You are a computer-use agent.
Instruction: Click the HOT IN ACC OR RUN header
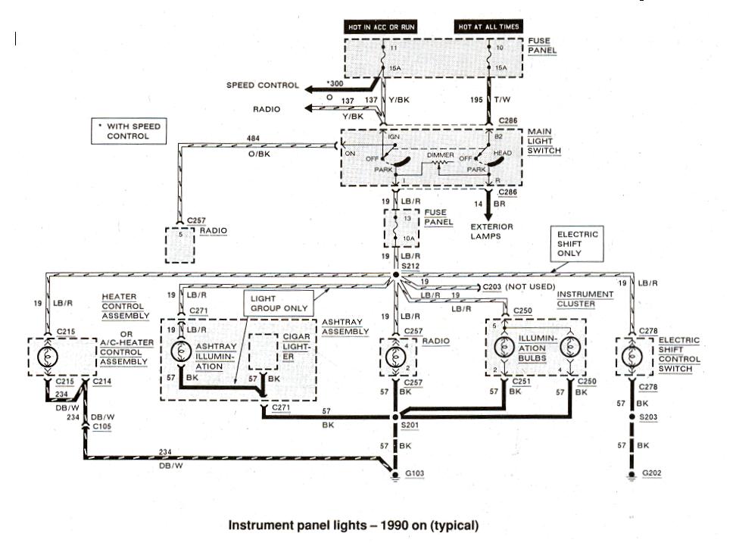382,27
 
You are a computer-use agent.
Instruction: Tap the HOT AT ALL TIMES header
489,27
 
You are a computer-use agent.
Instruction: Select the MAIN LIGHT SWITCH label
545,141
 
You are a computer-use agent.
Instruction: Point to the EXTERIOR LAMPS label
491,231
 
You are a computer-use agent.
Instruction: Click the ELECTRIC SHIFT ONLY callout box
578,244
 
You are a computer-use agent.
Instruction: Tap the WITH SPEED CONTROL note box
128,130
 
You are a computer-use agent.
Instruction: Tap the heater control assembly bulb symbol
47,354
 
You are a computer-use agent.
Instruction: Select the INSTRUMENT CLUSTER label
584,298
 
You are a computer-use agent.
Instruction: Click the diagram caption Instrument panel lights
354,524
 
